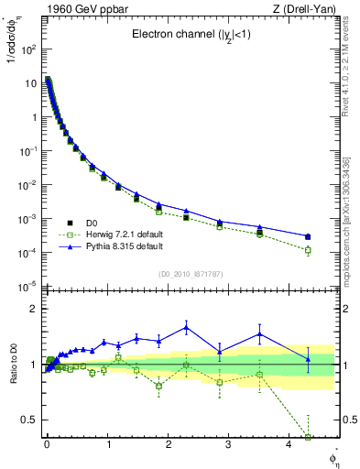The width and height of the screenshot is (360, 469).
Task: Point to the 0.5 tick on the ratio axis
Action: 27,420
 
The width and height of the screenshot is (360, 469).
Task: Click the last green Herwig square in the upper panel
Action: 308,249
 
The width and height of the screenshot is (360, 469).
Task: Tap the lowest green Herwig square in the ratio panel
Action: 308,438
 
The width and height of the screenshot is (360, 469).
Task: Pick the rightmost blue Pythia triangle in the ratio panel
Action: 308,359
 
